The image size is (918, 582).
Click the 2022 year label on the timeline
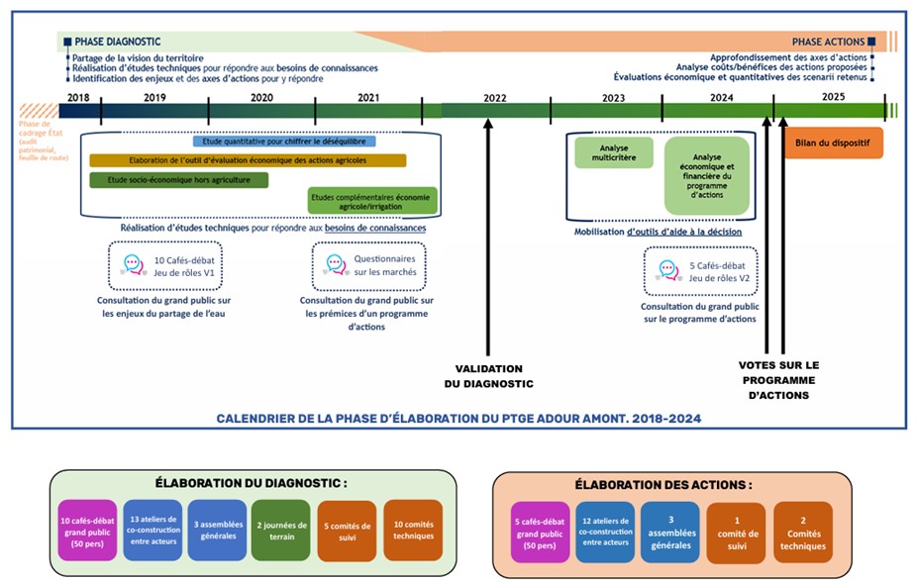click(x=495, y=98)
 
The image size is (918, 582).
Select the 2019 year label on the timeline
click(x=154, y=98)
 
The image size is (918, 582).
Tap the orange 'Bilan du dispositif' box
click(x=833, y=143)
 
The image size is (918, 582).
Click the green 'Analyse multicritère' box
click(x=614, y=153)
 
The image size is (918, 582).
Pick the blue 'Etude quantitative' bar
click(x=284, y=142)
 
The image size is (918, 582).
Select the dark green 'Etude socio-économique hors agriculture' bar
click(x=178, y=180)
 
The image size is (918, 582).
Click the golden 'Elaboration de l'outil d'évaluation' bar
click(x=248, y=160)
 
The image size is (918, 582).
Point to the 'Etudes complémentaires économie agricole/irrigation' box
click(x=370, y=201)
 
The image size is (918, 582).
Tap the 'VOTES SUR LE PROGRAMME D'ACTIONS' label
click(x=778, y=380)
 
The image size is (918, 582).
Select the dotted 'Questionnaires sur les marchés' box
click(x=370, y=265)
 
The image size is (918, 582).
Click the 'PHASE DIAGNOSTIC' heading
click(x=117, y=42)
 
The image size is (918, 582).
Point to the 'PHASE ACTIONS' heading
click(x=828, y=42)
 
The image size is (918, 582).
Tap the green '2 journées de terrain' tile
click(x=281, y=531)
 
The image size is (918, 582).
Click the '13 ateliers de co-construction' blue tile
click(x=152, y=531)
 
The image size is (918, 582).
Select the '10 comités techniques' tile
click(x=412, y=531)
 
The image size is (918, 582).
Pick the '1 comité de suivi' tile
click(x=736, y=533)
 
